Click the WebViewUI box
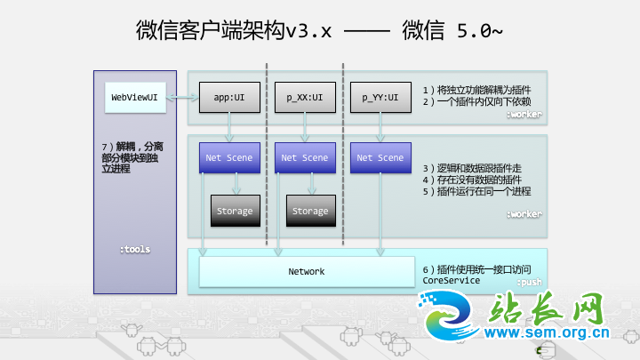coord(134,97)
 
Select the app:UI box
coord(229,97)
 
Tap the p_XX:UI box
coord(305,97)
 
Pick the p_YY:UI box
coord(380,97)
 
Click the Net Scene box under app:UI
coord(229,157)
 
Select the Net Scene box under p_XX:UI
coord(305,157)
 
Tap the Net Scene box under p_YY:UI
coord(380,157)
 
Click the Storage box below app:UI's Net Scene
coord(236,211)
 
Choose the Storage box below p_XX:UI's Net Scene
coord(310,211)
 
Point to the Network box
coord(307,271)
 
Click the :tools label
coord(135,250)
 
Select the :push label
coord(529,282)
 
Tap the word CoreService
coord(452,280)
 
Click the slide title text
coord(319,31)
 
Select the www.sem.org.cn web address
coord(550,335)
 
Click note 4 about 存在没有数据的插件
coord(477,180)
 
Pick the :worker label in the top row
coord(524,115)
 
